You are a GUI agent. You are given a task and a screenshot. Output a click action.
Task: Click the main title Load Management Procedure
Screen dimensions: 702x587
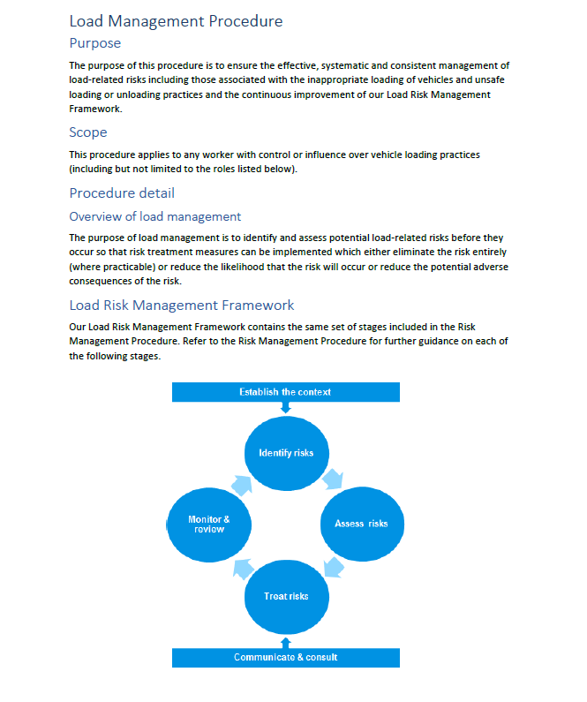(x=177, y=20)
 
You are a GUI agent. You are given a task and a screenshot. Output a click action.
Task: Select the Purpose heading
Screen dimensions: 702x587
(x=94, y=42)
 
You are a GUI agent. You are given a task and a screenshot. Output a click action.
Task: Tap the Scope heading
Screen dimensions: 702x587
(x=88, y=132)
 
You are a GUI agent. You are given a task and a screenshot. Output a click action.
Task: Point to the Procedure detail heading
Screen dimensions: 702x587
(x=122, y=193)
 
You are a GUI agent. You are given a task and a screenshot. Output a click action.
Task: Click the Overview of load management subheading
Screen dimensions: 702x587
(x=154, y=216)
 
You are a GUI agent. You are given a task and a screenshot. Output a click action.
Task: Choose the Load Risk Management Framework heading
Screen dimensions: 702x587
(x=181, y=306)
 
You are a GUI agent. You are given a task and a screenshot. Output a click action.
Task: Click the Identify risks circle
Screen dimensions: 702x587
(x=286, y=453)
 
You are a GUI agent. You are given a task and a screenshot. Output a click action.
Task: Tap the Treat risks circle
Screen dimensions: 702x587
(x=286, y=596)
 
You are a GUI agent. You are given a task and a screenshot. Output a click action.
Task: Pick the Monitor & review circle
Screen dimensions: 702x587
(x=209, y=524)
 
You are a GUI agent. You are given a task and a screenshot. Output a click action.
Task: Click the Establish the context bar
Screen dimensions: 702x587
(x=285, y=392)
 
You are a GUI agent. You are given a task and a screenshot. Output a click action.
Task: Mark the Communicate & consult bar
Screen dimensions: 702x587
(x=285, y=657)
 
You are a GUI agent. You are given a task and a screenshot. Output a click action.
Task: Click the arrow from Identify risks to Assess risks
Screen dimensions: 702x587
(x=333, y=479)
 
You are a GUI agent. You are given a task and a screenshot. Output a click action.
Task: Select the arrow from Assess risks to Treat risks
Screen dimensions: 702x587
(x=333, y=566)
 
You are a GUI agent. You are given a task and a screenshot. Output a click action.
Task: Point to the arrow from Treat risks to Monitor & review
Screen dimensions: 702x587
(x=243, y=568)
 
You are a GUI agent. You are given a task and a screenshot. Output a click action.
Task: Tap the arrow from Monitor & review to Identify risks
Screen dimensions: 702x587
(x=241, y=482)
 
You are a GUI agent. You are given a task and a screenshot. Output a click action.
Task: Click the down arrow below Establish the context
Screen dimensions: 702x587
(x=285, y=407)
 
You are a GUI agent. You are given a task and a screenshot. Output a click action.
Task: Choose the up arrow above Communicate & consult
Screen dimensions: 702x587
(x=285, y=642)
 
